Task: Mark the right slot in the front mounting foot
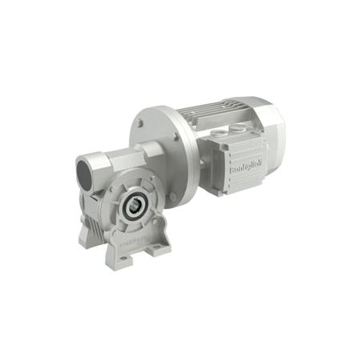155,255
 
